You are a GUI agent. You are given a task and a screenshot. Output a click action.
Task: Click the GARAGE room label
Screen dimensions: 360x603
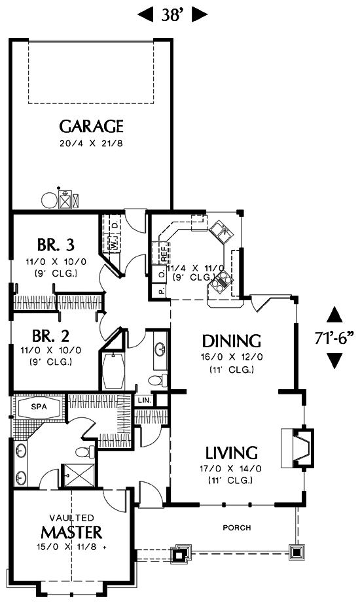(x=91, y=126)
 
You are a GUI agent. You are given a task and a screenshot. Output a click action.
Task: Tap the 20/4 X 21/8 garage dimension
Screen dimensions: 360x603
(x=91, y=144)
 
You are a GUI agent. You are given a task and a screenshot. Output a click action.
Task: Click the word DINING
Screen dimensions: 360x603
(x=232, y=341)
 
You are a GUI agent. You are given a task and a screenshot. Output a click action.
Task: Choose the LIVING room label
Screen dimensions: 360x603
(x=231, y=453)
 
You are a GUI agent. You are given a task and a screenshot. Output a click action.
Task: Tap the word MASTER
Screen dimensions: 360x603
(x=71, y=532)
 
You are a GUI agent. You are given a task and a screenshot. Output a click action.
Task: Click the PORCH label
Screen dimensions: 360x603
(x=237, y=528)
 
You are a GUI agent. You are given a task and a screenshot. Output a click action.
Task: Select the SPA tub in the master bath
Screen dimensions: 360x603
(x=39, y=407)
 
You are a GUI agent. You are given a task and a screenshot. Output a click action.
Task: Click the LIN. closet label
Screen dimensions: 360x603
(x=144, y=400)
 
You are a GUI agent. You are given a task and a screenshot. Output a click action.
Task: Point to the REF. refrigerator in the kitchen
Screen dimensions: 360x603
(x=164, y=253)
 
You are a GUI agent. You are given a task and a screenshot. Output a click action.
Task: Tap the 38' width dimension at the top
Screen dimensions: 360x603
(x=171, y=16)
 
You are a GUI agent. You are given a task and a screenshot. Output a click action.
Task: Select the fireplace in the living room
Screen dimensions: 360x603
(x=297, y=447)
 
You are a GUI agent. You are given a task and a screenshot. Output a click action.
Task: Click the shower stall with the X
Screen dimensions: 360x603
(x=78, y=475)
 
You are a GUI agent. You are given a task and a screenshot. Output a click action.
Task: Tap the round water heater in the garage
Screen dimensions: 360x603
(x=49, y=200)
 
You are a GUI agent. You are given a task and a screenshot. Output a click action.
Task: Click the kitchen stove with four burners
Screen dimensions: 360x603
(x=221, y=283)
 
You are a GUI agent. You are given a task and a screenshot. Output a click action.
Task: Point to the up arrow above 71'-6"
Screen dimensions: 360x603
(x=334, y=315)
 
